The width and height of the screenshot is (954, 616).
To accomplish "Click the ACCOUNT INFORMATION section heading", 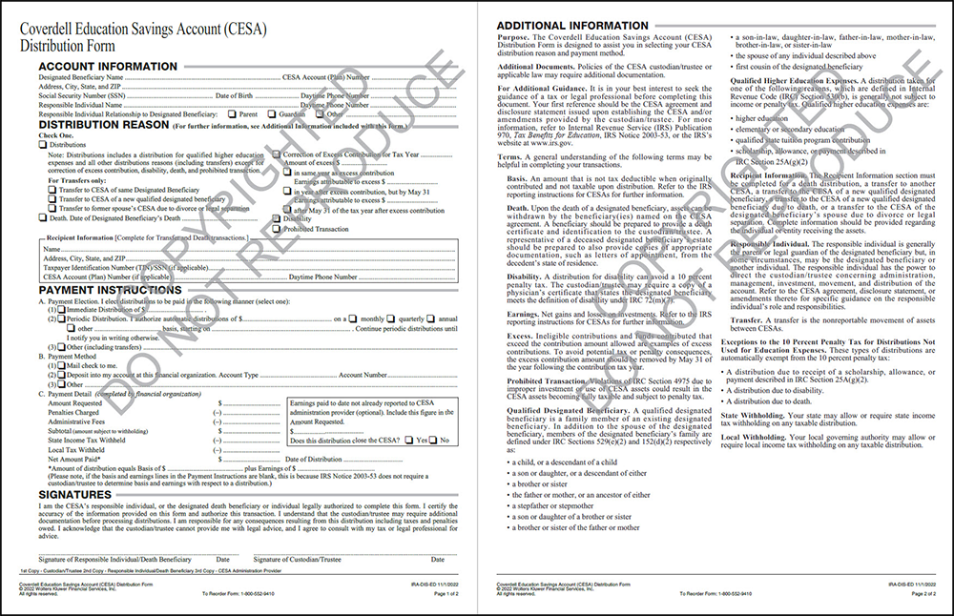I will tap(107, 66).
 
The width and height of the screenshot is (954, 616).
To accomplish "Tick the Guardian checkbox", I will tap(271, 114).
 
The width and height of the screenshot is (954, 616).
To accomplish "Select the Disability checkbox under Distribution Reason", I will tap(279, 218).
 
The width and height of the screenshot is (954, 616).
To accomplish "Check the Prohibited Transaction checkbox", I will tap(279, 229).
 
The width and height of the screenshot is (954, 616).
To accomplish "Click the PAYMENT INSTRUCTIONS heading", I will tap(110, 290).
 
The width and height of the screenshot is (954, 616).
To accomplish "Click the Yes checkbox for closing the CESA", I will tap(409, 441).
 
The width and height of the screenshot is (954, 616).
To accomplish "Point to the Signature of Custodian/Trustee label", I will tap(297, 559).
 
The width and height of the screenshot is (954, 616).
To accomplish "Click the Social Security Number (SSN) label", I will tap(81, 96).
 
